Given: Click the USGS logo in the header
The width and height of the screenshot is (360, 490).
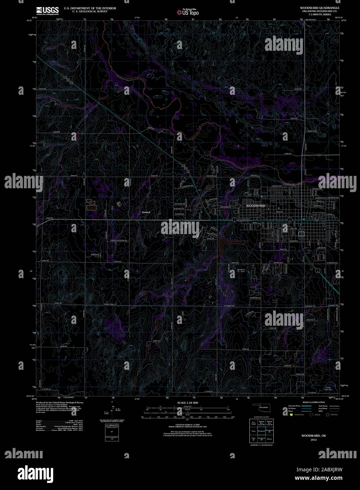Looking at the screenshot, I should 47,10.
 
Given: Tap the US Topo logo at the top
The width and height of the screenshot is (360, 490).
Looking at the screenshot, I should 188,12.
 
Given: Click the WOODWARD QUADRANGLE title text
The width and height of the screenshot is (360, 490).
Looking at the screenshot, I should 315,7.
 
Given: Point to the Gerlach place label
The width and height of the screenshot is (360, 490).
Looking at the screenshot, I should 146,212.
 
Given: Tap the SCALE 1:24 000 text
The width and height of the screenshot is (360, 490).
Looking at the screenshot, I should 188,403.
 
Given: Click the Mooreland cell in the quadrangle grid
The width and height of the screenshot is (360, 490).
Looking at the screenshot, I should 269,439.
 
